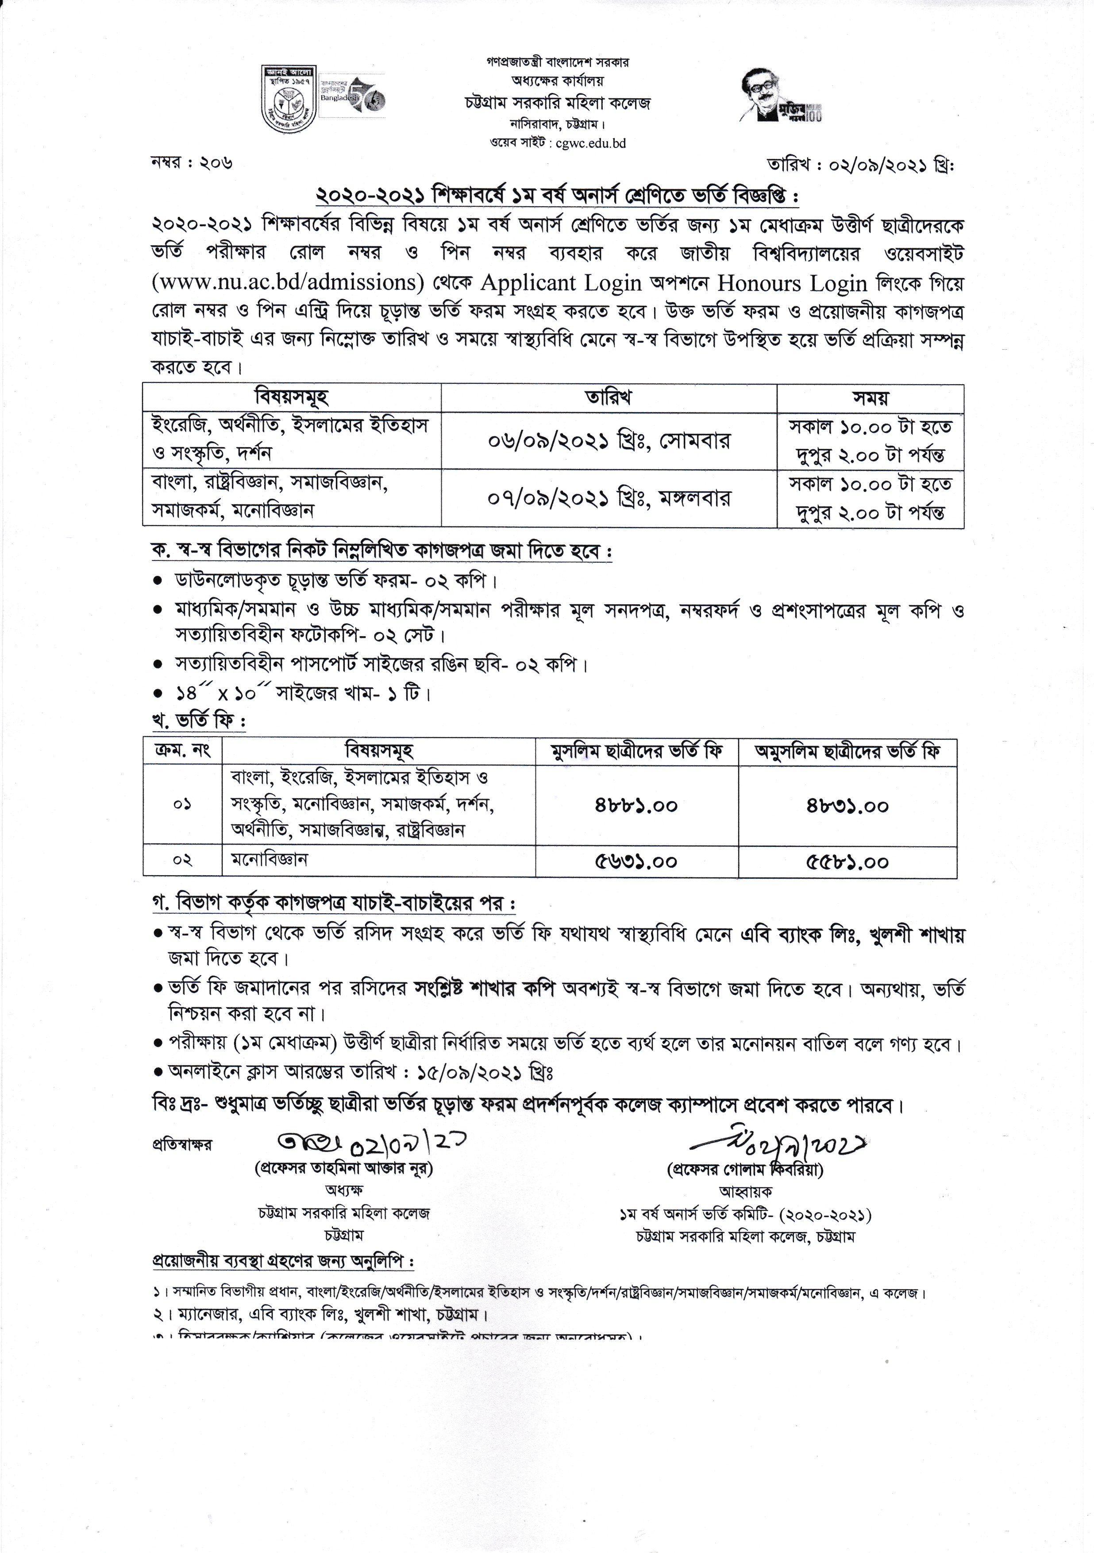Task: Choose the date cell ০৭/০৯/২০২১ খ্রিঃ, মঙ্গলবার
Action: click(x=609, y=498)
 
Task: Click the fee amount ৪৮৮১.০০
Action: click(x=636, y=806)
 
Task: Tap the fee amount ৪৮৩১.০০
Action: click(x=847, y=806)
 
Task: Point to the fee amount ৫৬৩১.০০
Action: click(x=636, y=862)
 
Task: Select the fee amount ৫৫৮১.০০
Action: click(x=847, y=862)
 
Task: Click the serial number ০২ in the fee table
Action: click(x=183, y=860)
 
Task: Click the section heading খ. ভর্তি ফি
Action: click(x=197, y=722)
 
